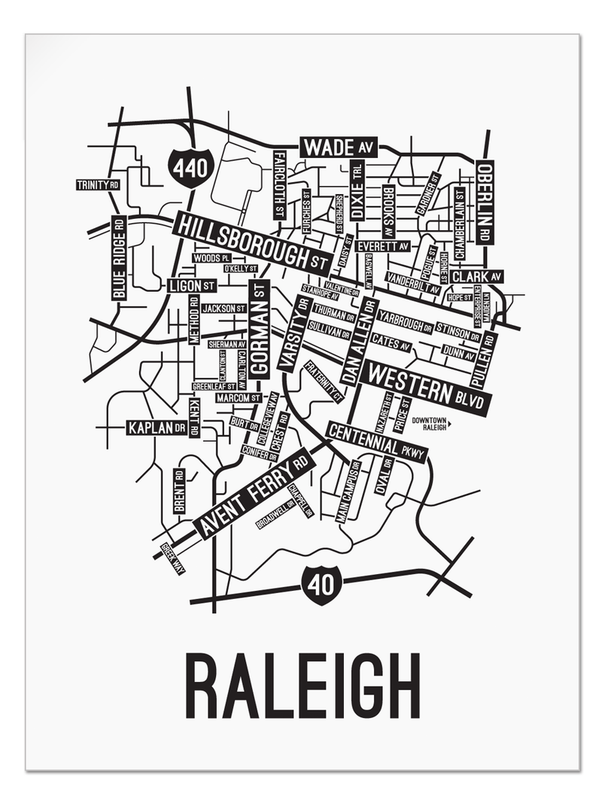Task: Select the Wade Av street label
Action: [x=339, y=146]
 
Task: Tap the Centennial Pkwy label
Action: [x=376, y=442]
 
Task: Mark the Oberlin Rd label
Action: [x=485, y=202]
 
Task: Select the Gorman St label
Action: [x=260, y=328]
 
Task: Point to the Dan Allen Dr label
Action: [x=358, y=339]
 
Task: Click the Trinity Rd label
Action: [x=99, y=184]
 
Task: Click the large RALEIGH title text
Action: [x=302, y=687]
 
